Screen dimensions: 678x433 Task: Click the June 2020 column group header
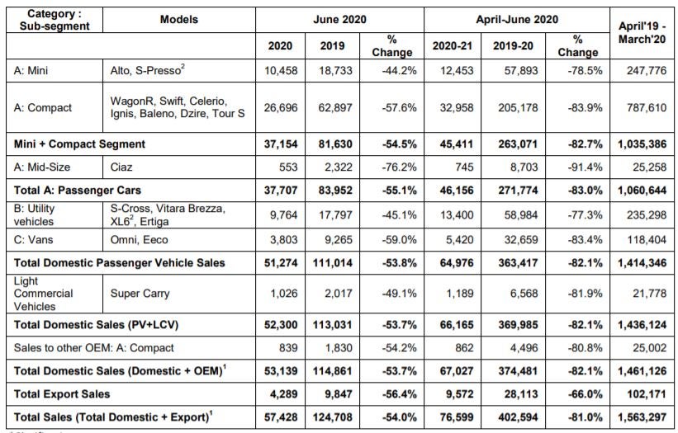tap(339, 20)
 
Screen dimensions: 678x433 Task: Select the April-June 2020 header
tap(517, 20)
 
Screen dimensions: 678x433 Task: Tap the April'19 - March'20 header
tap(642, 32)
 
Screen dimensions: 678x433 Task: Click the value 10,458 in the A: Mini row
tap(281, 70)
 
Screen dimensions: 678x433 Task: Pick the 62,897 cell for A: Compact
tap(335, 107)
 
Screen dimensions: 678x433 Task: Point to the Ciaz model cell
tap(121, 167)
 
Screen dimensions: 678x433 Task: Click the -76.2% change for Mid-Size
tap(399, 167)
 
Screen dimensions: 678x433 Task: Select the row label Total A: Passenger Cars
tap(78, 191)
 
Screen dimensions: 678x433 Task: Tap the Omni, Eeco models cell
tap(140, 240)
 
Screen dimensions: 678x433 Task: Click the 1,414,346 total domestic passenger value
tap(642, 263)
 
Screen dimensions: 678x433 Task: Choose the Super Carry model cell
tap(140, 294)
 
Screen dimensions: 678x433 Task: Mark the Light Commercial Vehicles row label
tap(43, 294)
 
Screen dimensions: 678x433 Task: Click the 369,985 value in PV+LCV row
tap(518, 325)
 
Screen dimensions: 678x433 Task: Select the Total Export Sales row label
tap(62, 394)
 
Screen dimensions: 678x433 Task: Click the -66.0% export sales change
tap(585, 394)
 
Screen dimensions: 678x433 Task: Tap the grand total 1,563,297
tap(642, 417)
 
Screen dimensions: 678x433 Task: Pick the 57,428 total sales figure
tap(281, 417)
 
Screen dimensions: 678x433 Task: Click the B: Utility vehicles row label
tap(34, 215)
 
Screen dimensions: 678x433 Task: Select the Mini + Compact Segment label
tap(79, 144)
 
